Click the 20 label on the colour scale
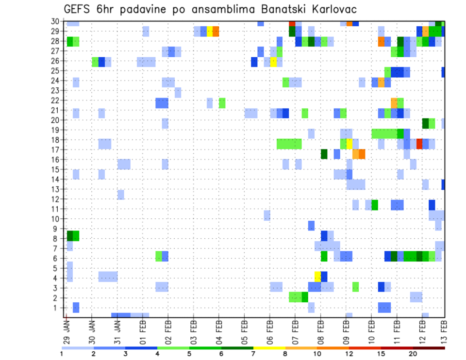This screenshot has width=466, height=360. point(413,354)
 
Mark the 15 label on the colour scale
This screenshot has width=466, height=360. point(381,354)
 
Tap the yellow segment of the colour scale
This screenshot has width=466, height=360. point(269,348)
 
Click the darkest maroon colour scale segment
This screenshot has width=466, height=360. point(429,348)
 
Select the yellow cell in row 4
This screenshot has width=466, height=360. point(317,276)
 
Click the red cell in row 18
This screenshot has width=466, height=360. point(419,144)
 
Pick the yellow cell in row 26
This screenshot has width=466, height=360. point(274,62)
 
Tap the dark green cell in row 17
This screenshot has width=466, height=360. point(324,154)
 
